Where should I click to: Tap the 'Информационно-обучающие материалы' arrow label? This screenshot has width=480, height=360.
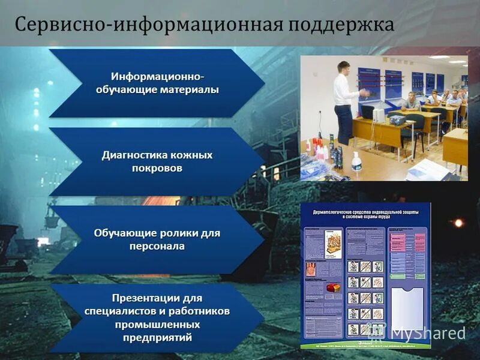point(157,83)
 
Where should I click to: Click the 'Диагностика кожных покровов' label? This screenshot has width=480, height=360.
point(157,161)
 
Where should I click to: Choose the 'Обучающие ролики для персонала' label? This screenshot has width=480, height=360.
point(157,239)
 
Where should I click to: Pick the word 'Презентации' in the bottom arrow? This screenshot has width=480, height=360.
point(157,298)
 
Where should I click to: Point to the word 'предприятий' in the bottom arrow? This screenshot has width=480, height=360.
point(157,338)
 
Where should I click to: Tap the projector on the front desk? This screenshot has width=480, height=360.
point(397,119)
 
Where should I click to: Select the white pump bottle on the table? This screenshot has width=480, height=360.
point(356,161)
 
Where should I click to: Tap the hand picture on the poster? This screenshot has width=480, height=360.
point(312,268)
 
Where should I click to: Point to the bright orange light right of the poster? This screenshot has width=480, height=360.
point(458,223)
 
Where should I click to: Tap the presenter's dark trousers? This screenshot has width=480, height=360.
point(344,123)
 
